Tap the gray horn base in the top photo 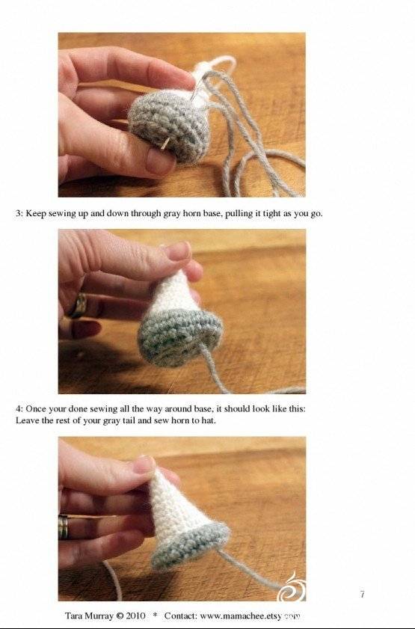[169, 126]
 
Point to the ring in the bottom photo [64, 527]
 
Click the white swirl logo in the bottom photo [292, 588]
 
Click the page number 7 [363, 595]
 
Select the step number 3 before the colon [18, 213]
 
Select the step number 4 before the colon [18, 409]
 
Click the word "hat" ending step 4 [209, 421]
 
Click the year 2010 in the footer [135, 616]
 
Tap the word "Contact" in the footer [180, 616]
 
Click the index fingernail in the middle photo [179, 251]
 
